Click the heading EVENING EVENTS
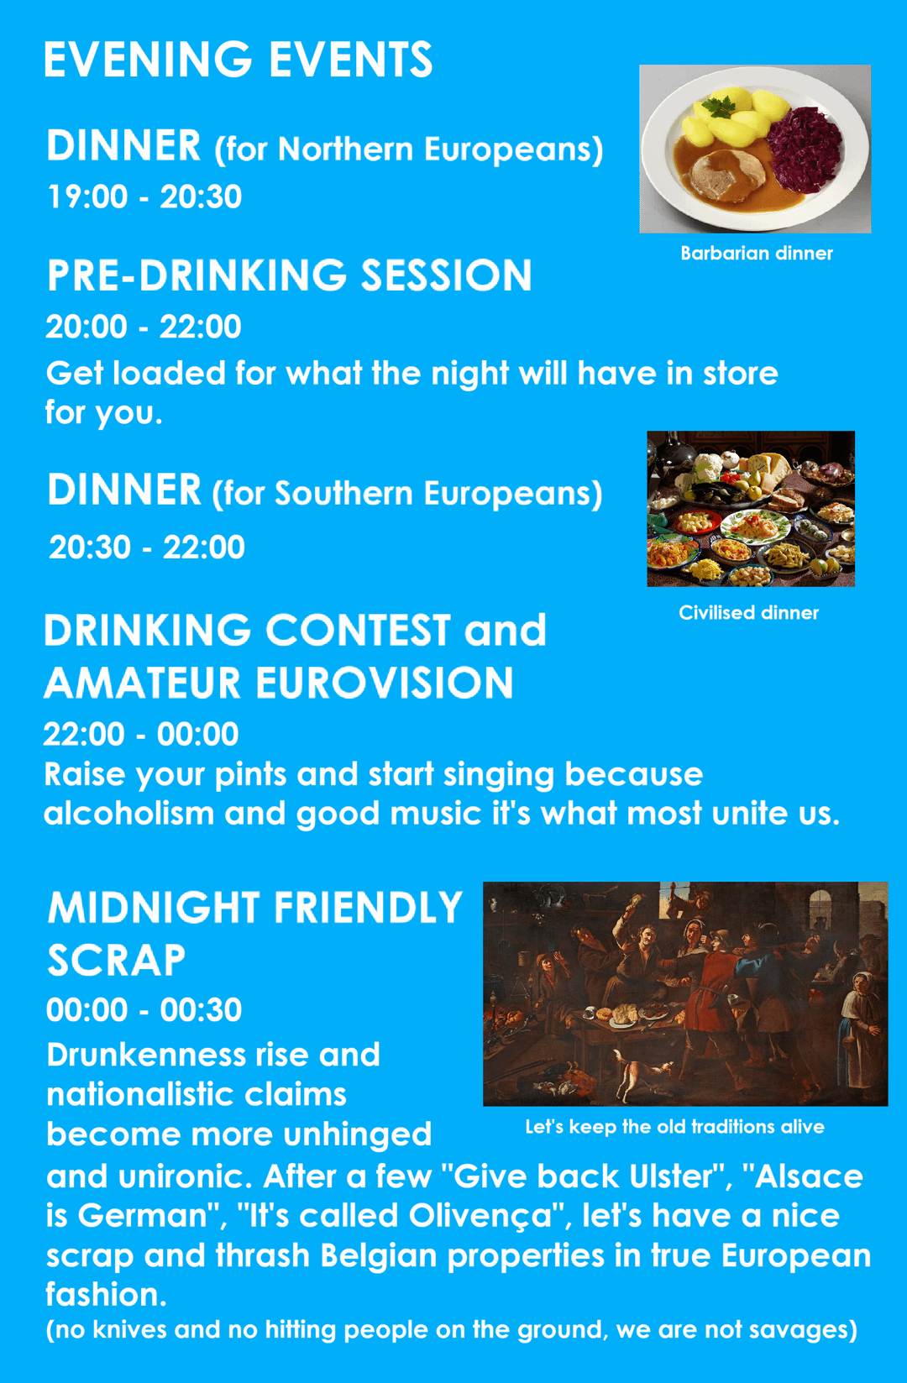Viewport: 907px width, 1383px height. click(238, 60)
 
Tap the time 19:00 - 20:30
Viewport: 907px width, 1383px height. click(144, 197)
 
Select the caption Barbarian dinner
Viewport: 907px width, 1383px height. click(757, 253)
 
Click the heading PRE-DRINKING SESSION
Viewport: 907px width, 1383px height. click(289, 275)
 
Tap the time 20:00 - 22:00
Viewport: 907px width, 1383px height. click(144, 327)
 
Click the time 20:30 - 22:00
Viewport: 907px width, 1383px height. click(147, 547)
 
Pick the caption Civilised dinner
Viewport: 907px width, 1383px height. click(748, 612)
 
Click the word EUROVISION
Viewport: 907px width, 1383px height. click(384, 683)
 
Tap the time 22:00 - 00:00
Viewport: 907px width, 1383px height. click(141, 734)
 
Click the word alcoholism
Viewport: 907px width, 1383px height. click(129, 813)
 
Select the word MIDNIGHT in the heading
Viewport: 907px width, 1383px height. click(153, 908)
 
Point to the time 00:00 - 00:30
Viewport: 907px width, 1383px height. click(144, 1010)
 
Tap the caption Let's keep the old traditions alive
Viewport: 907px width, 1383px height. click(675, 1127)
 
